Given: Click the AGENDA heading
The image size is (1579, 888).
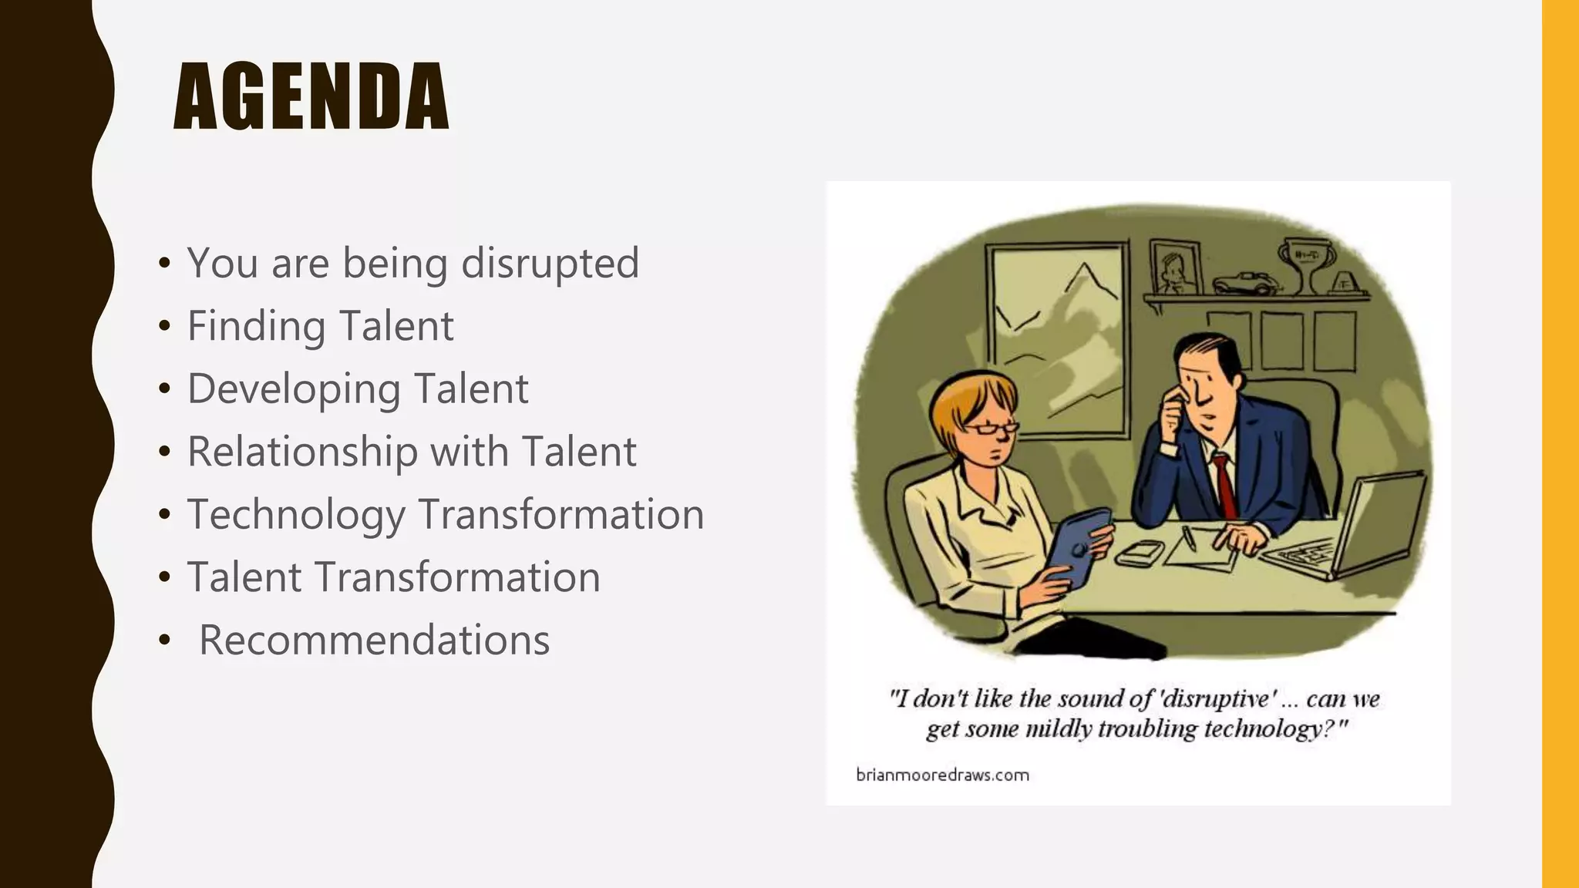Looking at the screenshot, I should click(x=311, y=97).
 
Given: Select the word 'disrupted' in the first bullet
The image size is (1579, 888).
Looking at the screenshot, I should click(x=550, y=263).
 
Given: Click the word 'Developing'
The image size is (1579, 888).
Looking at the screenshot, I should click(x=294, y=389).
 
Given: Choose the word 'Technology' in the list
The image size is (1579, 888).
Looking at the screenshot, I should click(x=296, y=515).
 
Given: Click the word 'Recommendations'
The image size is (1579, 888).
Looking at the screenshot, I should click(x=374, y=640).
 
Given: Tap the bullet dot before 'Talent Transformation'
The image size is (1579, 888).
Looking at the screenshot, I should click(x=163, y=577).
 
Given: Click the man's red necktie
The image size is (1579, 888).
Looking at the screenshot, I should click(x=1224, y=486).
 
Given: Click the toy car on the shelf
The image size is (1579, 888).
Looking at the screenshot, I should click(x=1243, y=283).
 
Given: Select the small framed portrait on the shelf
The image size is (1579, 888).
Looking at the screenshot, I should click(x=1176, y=267).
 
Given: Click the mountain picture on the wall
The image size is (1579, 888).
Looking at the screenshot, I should click(x=1057, y=339).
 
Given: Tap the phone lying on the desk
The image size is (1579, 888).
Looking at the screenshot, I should click(x=1139, y=553).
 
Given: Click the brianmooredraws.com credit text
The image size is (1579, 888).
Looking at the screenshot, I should click(x=942, y=775).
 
